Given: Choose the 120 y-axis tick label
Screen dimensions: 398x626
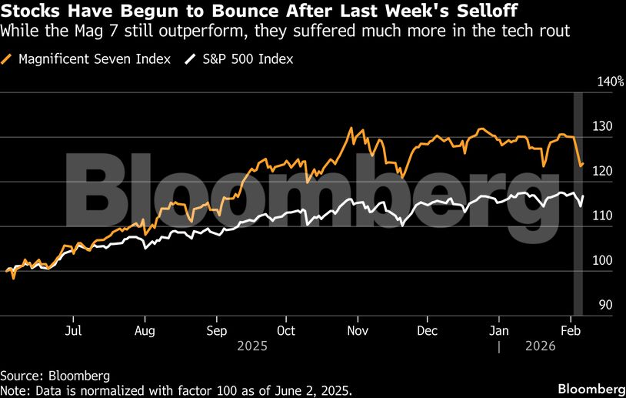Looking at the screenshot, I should [x=602, y=171].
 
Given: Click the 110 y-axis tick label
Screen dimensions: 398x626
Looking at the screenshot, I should [x=602, y=216].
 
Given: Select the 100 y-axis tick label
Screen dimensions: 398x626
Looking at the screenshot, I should [x=602, y=260].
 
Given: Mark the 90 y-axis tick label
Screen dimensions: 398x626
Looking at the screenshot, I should [x=605, y=305].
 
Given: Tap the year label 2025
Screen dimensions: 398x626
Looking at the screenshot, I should [x=251, y=346].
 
